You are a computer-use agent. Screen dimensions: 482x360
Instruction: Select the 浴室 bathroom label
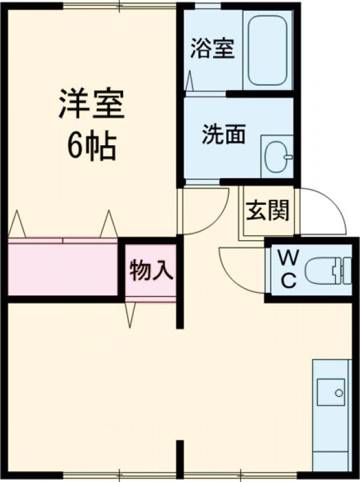212,49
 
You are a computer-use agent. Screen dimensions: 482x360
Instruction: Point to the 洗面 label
223,135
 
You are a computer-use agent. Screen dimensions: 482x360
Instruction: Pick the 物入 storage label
151,270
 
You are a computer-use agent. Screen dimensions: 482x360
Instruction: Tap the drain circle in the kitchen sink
339,393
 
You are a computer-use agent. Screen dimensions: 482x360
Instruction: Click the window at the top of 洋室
120,6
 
